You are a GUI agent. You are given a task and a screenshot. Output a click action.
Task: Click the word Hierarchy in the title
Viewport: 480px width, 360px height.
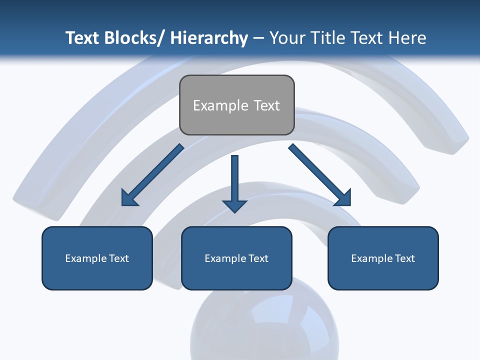209,38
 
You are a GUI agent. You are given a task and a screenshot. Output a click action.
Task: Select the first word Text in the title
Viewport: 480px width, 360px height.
82,38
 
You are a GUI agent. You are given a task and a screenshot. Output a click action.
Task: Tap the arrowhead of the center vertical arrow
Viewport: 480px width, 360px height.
234,205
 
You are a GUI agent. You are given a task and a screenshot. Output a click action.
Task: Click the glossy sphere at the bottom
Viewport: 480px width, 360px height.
264,325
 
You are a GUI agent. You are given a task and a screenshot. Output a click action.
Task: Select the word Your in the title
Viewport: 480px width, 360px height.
286,38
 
